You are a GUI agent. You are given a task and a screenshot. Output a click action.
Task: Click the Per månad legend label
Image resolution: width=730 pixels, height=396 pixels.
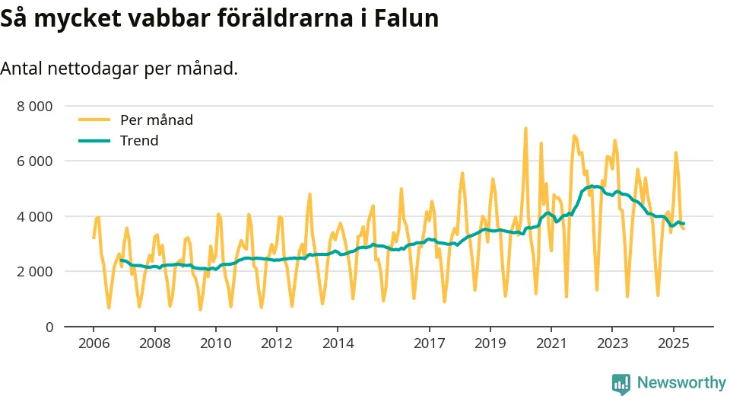pyautogui.click(x=157, y=120)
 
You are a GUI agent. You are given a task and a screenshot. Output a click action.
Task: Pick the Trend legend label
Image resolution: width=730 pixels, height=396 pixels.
pyautogui.click(x=139, y=141)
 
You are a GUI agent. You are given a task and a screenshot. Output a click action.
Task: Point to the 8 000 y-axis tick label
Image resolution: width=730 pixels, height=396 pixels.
pyautogui.click(x=34, y=106)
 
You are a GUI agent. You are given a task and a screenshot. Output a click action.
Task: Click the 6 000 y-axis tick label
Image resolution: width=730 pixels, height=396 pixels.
pyautogui.click(x=34, y=161)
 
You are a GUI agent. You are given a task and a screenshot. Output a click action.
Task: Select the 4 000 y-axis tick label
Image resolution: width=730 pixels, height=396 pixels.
pyautogui.click(x=34, y=216)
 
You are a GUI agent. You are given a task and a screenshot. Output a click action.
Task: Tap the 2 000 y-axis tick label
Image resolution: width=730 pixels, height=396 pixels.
pyautogui.click(x=34, y=272)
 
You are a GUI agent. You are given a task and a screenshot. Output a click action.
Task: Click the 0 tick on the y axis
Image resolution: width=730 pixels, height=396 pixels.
pyautogui.click(x=49, y=327)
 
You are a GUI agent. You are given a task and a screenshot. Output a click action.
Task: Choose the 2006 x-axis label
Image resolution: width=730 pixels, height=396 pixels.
pyautogui.click(x=93, y=343)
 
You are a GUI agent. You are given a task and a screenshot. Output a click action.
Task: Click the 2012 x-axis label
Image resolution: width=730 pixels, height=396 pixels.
pyautogui.click(x=277, y=343)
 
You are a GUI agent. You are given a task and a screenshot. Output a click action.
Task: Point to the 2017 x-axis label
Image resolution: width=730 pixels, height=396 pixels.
pyautogui.click(x=430, y=343)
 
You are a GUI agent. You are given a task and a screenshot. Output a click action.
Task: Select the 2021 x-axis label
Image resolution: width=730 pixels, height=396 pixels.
pyautogui.click(x=552, y=343)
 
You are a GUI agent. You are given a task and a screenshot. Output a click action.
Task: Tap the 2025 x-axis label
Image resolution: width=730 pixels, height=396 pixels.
pyautogui.click(x=674, y=343)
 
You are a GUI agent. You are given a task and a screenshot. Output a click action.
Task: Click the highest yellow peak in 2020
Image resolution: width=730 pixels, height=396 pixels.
pyautogui.click(x=525, y=129)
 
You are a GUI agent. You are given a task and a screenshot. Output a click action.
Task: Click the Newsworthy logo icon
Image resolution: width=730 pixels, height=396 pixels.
pyautogui.click(x=621, y=382)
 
